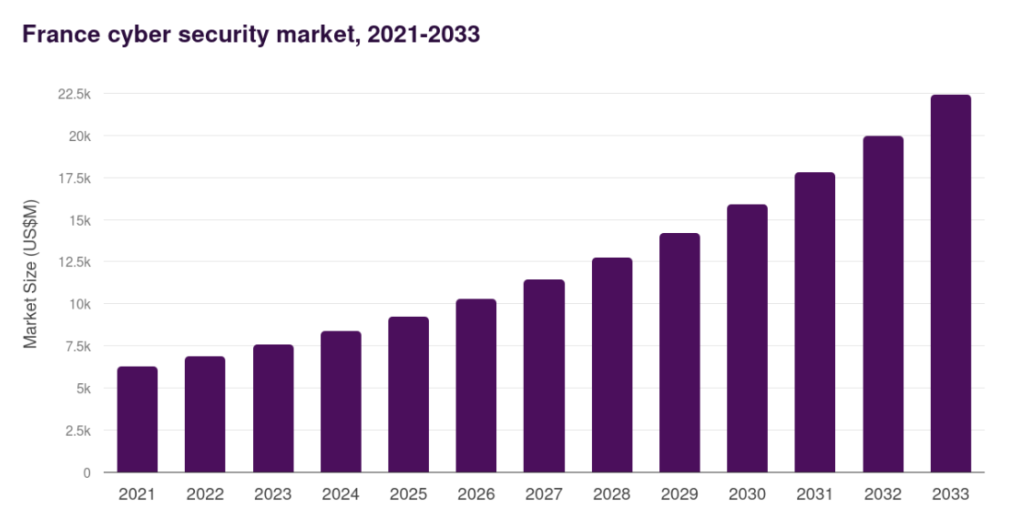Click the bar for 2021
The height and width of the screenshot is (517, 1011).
click(138, 420)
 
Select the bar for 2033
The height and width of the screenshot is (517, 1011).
click(951, 284)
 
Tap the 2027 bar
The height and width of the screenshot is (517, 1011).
click(544, 376)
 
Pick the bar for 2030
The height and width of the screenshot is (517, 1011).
click(748, 339)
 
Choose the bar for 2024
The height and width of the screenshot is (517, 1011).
click(341, 401)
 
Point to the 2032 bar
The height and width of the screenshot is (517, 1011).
click(883, 304)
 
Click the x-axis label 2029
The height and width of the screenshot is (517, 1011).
click(679, 494)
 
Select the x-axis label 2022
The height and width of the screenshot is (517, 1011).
click(205, 494)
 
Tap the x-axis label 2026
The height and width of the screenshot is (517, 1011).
click(476, 494)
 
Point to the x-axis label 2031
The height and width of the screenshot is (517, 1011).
click(815, 494)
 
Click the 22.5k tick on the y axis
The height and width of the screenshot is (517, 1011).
click(74, 94)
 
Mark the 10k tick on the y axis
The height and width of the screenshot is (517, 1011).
click(79, 304)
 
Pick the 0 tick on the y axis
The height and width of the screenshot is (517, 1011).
click(87, 472)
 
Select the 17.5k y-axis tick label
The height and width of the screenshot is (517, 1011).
click(74, 178)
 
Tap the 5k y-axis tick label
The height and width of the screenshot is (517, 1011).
click(82, 389)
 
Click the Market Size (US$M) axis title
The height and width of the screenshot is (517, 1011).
click(31, 273)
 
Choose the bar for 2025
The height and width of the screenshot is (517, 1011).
click(408, 394)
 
